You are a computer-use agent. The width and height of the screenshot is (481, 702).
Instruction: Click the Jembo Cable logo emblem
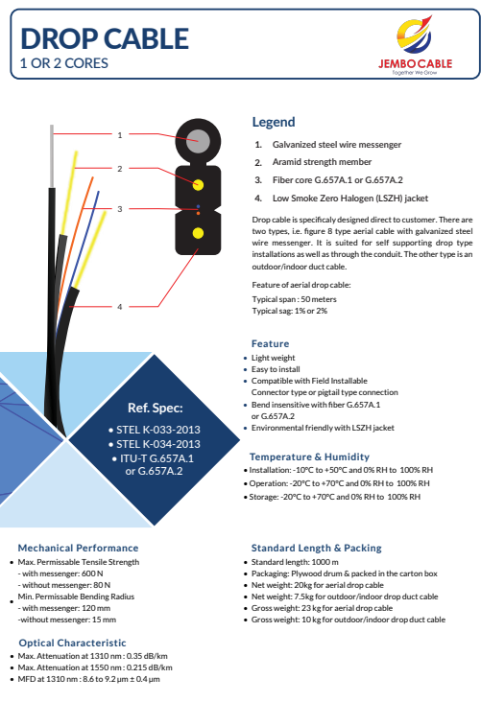[415, 35]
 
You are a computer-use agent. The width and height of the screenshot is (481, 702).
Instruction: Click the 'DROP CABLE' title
[105, 38]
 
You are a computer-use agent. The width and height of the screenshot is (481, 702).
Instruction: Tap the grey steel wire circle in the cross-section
[198, 141]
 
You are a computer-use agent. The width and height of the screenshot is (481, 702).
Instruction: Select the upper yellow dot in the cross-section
[198, 185]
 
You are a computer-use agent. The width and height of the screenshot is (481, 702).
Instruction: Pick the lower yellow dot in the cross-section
[198, 233]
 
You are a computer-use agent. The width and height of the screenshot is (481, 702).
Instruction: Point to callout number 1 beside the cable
[120, 135]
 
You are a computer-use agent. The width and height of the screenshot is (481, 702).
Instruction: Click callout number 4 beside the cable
[120, 307]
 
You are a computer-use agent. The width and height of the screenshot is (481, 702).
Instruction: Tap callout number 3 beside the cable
[120, 209]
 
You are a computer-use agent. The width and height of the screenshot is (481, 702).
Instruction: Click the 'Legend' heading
[274, 122]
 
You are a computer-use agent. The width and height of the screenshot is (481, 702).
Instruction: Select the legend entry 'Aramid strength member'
[322, 162]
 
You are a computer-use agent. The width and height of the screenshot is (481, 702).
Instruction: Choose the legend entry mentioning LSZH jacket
[350, 199]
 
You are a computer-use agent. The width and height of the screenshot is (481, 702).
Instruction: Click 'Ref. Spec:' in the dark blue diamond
[156, 409]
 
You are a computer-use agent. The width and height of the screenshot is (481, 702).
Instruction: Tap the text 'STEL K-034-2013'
[158, 444]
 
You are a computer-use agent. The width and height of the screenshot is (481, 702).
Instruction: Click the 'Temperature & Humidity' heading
[309, 457]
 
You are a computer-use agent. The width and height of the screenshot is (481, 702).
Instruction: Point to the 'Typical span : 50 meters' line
[294, 299]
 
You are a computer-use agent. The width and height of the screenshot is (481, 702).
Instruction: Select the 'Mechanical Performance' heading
[78, 548]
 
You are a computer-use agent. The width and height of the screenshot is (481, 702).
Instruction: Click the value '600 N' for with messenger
[92, 573]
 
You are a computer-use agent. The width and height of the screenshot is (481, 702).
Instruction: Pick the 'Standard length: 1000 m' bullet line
[295, 562]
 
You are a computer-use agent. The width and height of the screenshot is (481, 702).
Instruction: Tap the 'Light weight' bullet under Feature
[273, 358]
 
